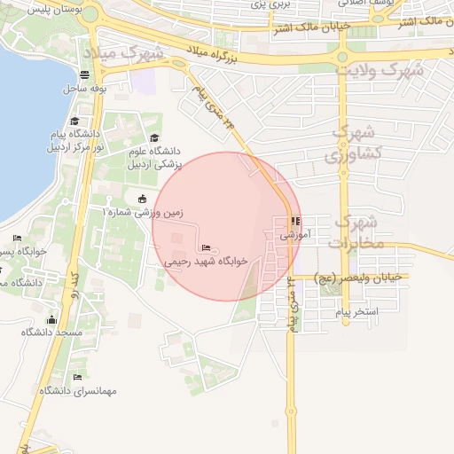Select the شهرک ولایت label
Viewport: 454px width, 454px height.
point(381,69)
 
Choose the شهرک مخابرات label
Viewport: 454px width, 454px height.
point(361,231)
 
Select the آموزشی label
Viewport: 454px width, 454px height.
point(295,236)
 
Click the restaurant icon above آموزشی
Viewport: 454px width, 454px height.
point(295,222)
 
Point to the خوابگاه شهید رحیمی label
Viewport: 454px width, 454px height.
point(207,262)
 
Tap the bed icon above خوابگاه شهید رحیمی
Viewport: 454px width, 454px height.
point(207,248)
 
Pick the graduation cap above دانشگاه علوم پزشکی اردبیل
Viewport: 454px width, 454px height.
point(155,137)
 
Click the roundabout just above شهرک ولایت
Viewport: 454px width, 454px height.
point(342,57)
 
